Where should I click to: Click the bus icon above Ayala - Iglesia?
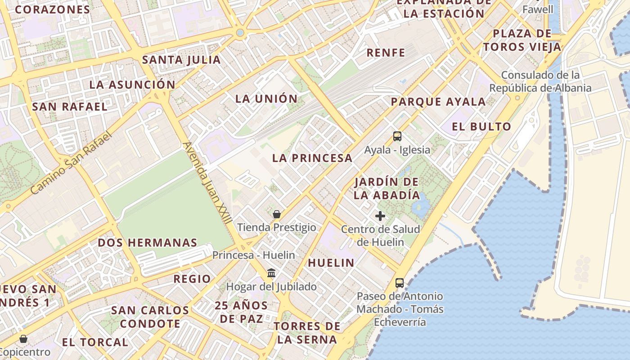click(397, 136)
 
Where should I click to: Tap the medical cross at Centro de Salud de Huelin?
click(380, 216)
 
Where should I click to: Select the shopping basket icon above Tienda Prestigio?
click(277, 214)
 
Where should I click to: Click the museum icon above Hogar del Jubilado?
click(271, 273)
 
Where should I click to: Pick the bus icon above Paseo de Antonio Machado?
click(399, 283)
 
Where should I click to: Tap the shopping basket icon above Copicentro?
click(23, 338)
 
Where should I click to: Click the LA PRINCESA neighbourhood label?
click(312, 158)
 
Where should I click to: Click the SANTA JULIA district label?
click(181, 60)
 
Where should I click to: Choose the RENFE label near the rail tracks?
click(386, 53)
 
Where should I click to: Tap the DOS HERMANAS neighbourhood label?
click(148, 243)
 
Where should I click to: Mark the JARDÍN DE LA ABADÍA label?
click(387, 189)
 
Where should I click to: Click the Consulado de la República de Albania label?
click(540, 81)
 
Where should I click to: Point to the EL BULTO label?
click(481, 126)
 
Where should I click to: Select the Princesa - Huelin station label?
click(254, 255)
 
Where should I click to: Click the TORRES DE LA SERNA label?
click(307, 333)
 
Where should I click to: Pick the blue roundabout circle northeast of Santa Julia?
click(240, 32)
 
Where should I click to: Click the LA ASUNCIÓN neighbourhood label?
click(132, 85)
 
